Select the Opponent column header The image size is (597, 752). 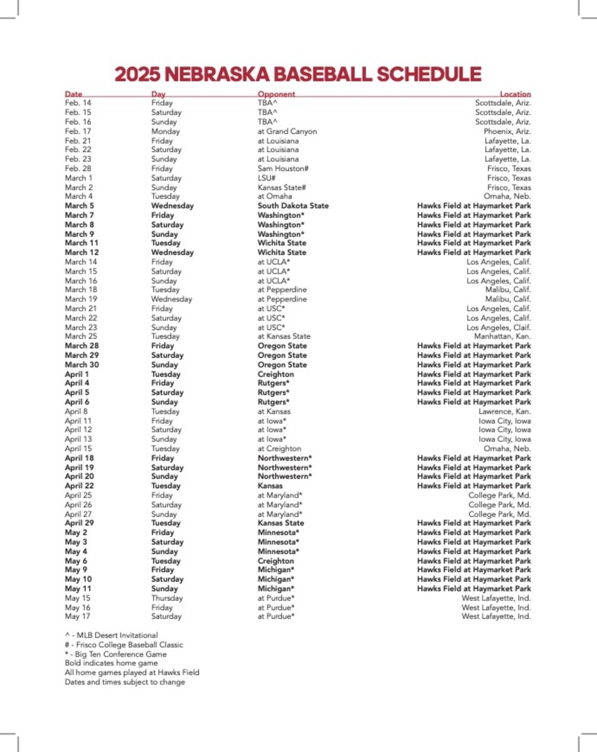276,94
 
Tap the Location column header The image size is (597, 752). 515,94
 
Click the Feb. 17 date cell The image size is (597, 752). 78,131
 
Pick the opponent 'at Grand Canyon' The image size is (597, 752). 287,131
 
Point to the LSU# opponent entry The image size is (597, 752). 268,178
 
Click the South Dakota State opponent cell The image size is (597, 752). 293,206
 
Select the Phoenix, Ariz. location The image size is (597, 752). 507,131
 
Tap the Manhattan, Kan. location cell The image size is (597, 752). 502,337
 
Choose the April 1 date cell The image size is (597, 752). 77,374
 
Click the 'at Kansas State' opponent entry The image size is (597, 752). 283,337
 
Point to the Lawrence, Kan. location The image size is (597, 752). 505,411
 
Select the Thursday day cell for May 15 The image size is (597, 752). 167,598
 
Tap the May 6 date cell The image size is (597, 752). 76,561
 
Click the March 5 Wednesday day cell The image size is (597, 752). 172,206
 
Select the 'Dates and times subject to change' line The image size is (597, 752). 125,682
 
